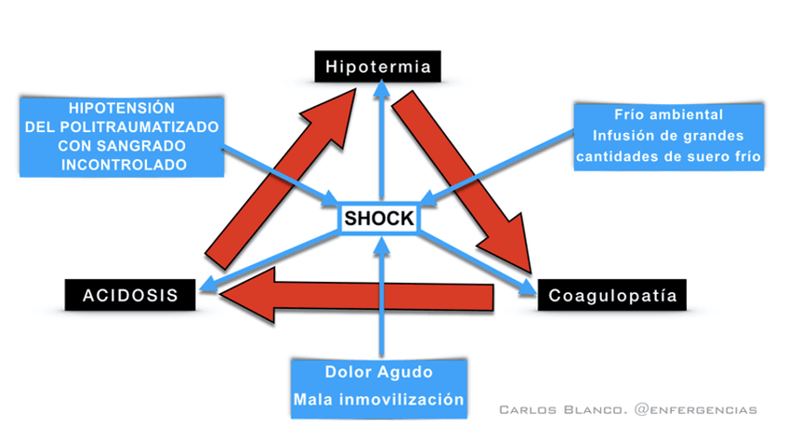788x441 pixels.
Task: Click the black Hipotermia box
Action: tap(376, 66)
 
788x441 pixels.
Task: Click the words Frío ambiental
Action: tap(668, 114)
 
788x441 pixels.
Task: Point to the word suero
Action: tap(706, 156)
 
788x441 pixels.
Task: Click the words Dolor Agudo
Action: tap(378, 371)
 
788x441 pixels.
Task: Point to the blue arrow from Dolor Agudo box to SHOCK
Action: tap(379, 298)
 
